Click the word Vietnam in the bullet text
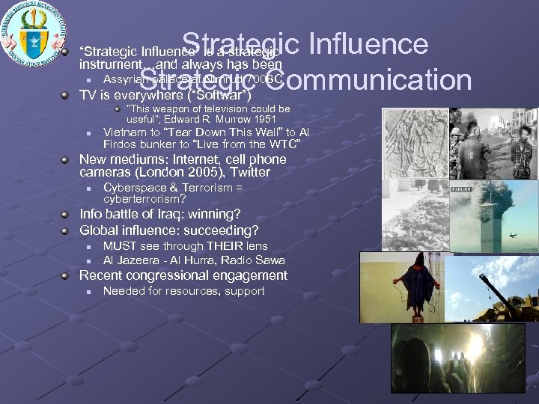pyautogui.click(x=124, y=132)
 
